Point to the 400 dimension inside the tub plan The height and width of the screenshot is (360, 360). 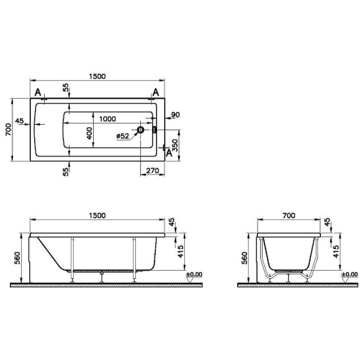(x=89, y=132)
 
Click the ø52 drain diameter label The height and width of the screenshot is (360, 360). (x=124, y=135)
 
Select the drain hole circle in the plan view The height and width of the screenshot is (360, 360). (x=141, y=130)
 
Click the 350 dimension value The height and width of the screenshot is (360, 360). (x=175, y=145)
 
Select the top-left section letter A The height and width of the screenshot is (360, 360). (x=38, y=93)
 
